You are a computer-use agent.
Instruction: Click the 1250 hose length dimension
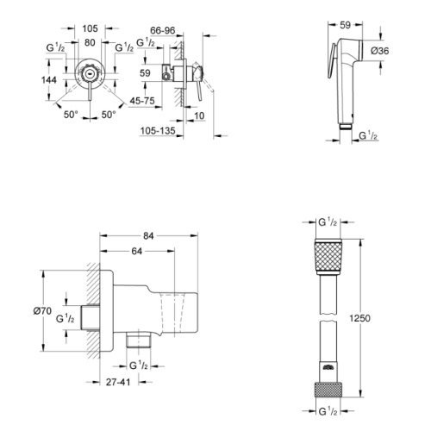pos(359,318)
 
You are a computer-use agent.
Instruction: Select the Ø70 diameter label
pos(42,310)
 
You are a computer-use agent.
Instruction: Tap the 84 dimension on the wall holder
pos(148,236)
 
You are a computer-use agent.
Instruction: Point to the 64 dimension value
pos(137,251)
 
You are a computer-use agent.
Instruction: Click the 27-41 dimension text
pos(118,382)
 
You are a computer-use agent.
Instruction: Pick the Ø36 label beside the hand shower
pos(379,51)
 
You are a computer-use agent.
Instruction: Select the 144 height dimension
pos(49,80)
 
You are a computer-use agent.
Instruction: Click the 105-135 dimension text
pos(158,131)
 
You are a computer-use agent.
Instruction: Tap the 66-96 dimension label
pos(163,30)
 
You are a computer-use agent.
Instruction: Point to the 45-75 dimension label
pos(142,101)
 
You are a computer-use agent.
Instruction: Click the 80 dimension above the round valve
pos(90,42)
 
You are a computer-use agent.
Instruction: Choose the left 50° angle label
pos(71,115)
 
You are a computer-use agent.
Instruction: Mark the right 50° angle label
pos(109,115)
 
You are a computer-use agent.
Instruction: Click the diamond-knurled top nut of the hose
pos(328,257)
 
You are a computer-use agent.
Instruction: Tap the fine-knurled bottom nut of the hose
pos(328,389)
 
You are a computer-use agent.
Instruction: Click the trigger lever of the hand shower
pos(331,61)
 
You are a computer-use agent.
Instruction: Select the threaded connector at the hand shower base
pos(345,127)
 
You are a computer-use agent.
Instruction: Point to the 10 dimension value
pos(199,116)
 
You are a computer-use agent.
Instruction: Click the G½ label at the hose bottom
pos(328,411)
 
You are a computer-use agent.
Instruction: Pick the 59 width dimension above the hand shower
pos(345,25)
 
